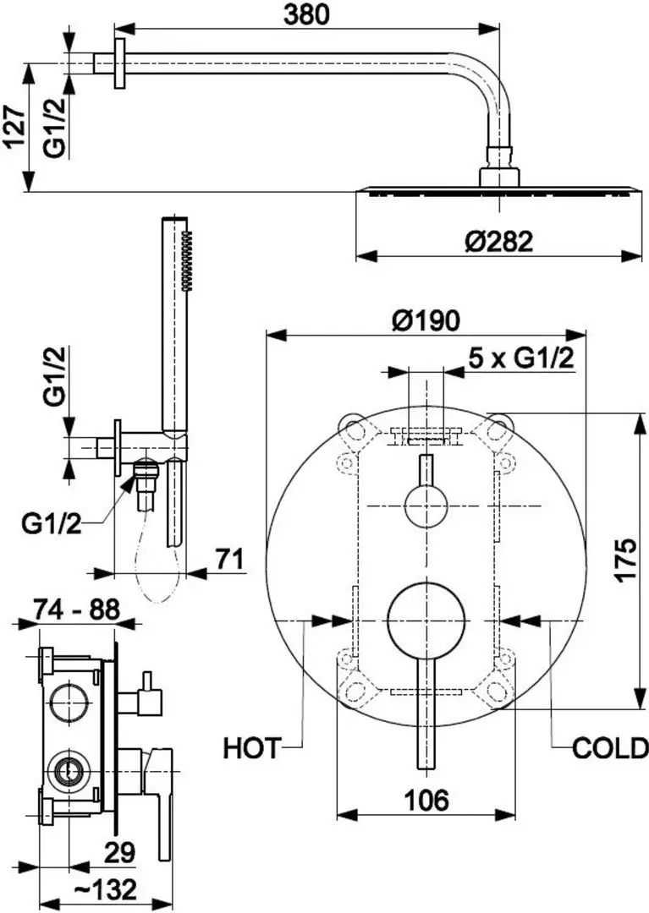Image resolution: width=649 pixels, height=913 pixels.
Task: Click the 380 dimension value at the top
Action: point(306,14)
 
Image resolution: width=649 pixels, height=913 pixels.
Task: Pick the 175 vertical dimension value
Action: point(624,560)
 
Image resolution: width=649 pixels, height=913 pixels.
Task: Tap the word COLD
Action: point(609,747)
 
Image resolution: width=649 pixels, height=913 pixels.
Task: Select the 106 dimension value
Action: point(426,799)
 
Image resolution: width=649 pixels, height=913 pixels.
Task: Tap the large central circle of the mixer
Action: point(426,621)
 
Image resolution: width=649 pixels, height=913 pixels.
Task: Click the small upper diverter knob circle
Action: point(426,506)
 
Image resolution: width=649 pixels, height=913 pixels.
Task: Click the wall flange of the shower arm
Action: point(119,63)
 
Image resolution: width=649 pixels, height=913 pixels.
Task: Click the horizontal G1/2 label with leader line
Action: point(51,524)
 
